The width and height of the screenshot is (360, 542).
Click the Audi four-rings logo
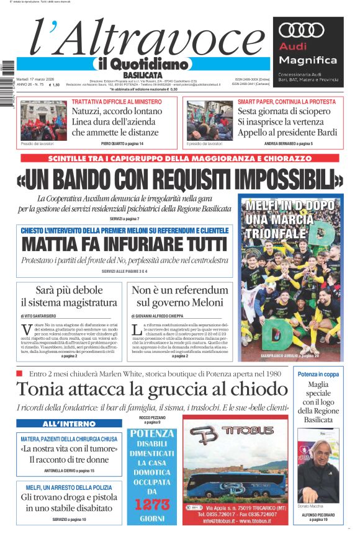point(302,30)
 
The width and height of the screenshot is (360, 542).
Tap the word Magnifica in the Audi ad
point(308,60)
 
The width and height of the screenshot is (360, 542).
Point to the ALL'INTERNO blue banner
point(70,424)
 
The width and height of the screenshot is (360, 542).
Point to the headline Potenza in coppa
point(318,375)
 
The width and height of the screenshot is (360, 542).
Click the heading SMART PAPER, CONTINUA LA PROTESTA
point(287,102)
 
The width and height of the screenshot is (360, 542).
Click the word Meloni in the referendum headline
point(201,303)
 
